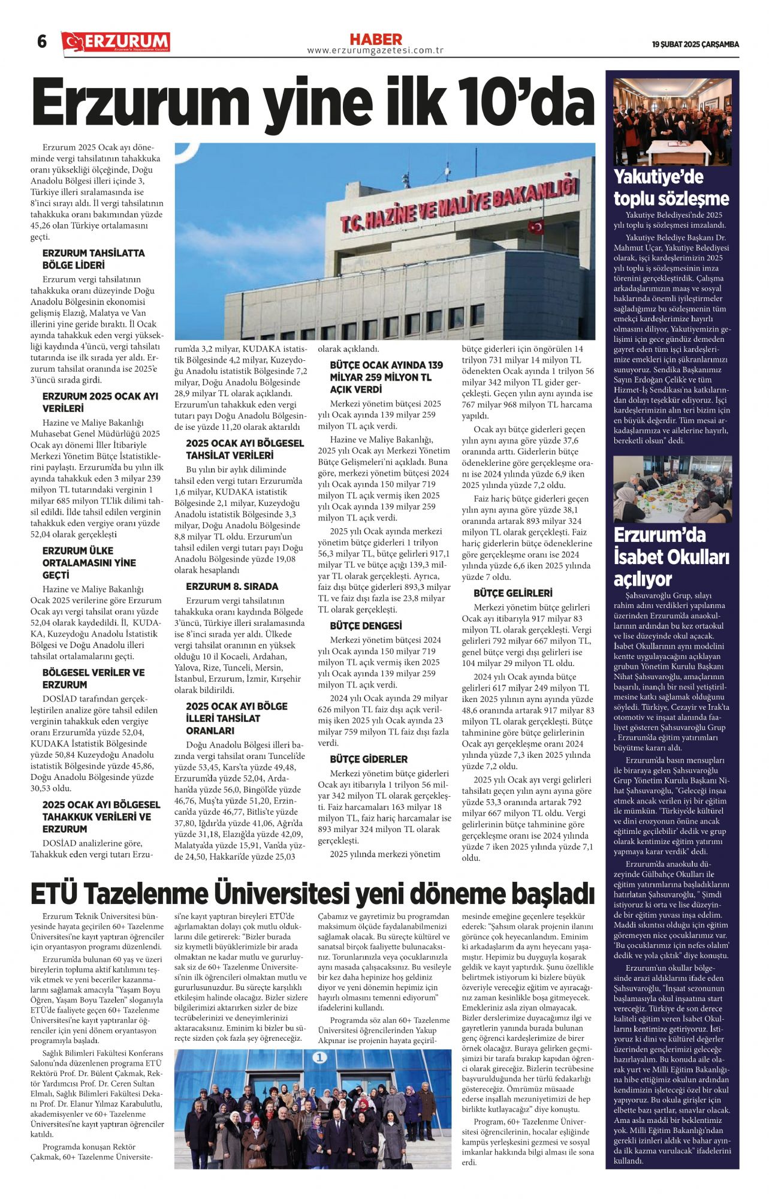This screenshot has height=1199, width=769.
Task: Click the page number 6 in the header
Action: [41, 41]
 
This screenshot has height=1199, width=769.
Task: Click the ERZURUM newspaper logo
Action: [116, 42]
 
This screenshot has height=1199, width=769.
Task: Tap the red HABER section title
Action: [375, 40]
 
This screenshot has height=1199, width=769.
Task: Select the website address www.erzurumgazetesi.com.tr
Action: [375, 51]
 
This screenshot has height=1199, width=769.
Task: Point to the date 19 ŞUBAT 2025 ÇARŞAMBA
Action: [695, 44]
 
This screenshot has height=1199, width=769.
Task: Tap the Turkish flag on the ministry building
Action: [535, 227]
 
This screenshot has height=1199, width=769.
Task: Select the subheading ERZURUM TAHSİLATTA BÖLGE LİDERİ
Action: [94, 259]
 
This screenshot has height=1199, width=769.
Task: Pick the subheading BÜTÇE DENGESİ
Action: [366, 626]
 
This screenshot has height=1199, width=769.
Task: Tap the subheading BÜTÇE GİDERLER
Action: [369, 759]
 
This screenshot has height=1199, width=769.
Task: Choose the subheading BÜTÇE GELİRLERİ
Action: [512, 593]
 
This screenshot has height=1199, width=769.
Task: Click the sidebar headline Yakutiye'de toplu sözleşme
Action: [671, 188]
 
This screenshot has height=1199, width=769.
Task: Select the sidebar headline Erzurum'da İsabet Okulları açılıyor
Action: [671, 557]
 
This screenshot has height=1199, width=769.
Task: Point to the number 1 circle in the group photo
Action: [320, 1058]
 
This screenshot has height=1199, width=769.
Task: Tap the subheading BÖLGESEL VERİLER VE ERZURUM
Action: [94, 679]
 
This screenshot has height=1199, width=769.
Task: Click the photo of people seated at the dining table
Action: [672, 489]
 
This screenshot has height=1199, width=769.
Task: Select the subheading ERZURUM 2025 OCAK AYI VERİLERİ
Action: [100, 402]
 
